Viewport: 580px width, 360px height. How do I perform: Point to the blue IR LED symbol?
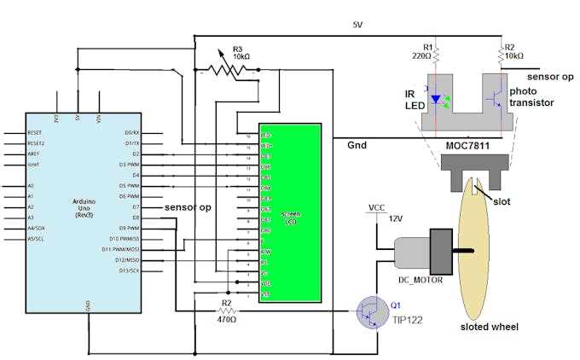click(438, 99)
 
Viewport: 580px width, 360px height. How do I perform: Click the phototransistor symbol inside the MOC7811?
click(494, 99)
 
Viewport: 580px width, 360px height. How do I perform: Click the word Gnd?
click(357, 146)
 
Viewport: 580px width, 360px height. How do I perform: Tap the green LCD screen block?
click(290, 212)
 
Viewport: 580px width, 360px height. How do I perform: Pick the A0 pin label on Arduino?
click(32, 185)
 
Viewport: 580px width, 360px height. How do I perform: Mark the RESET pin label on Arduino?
click(35, 133)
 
